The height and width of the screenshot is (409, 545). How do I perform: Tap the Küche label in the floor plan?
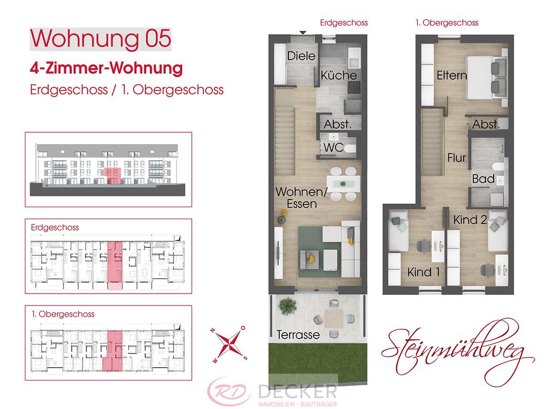click(x=339, y=75)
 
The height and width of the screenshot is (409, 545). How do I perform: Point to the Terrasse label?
click(x=298, y=335)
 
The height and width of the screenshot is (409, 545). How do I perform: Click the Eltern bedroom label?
click(x=452, y=75)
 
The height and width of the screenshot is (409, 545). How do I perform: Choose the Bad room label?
click(x=483, y=179)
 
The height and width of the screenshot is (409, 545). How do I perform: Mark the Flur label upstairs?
click(x=456, y=158)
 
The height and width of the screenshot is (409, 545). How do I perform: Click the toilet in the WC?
click(x=349, y=149)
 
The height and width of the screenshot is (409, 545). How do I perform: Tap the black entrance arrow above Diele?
click(x=303, y=32)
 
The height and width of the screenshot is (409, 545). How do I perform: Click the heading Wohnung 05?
click(x=100, y=39)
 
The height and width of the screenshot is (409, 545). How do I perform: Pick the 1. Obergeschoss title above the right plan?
click(x=446, y=22)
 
